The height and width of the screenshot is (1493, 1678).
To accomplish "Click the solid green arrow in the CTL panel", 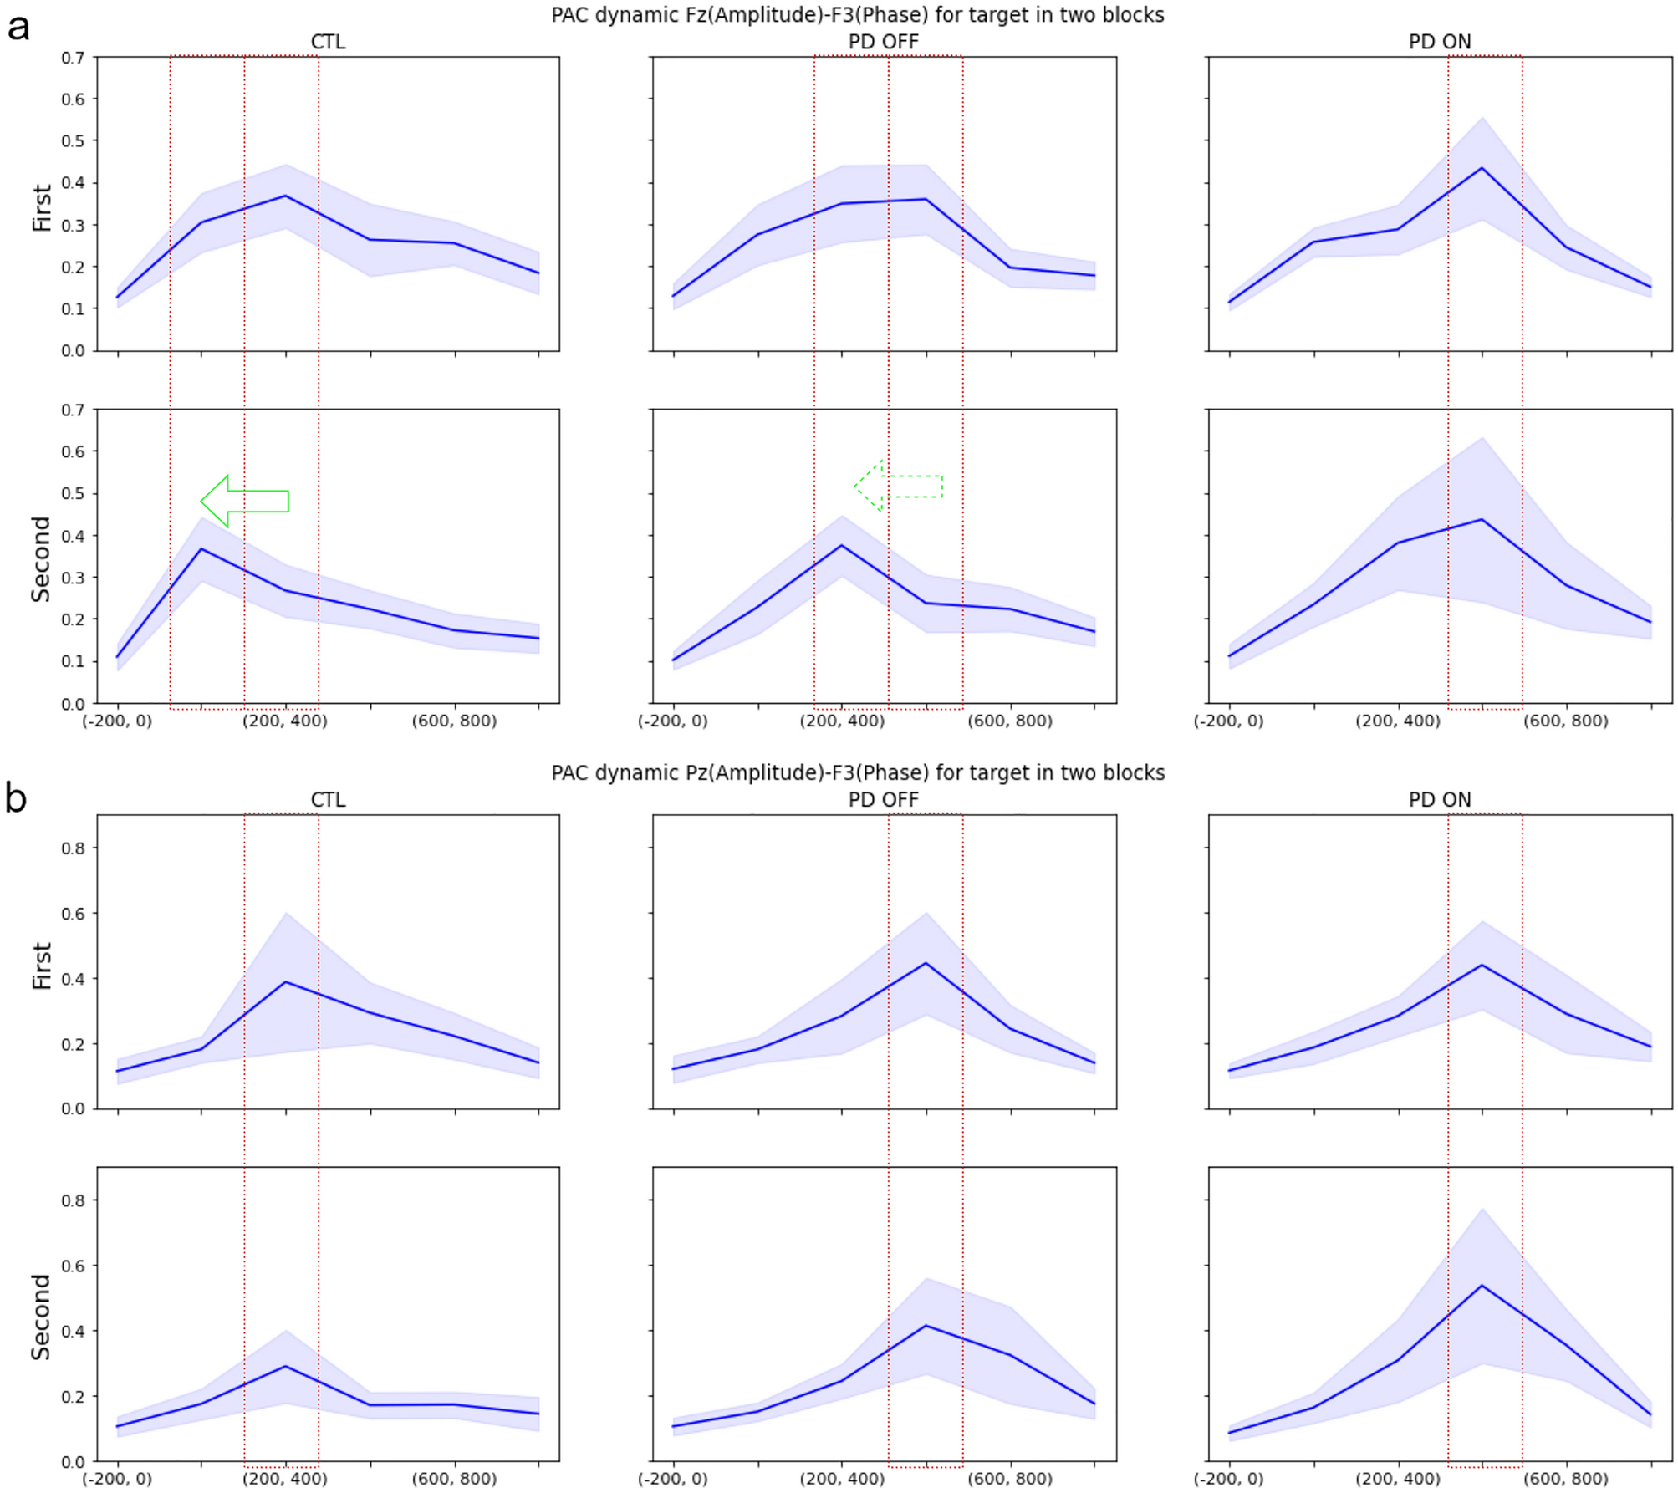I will [244, 501].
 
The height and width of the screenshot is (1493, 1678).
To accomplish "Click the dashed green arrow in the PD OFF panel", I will [898, 486].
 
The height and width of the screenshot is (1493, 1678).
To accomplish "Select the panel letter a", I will [18, 28].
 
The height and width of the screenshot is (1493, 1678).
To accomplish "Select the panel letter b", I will [17, 797].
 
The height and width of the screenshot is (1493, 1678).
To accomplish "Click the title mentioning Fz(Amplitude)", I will [857, 15].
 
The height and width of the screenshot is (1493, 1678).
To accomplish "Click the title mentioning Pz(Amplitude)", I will [857, 772].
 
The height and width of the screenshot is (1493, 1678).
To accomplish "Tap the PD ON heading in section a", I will [1439, 42].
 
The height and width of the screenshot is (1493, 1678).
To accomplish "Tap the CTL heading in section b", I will [328, 800].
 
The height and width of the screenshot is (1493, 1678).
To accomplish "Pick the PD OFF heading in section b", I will [883, 800].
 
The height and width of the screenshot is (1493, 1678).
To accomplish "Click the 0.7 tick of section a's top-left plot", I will [74, 58].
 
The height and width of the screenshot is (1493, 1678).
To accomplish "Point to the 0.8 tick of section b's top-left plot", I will [74, 848].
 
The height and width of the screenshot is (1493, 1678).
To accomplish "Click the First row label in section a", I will [42, 207].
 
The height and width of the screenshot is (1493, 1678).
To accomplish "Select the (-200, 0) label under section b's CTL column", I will [117, 1479].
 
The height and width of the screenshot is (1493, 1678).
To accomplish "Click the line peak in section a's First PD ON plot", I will [1482, 168].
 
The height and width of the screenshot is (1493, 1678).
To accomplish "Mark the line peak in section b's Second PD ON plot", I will [1482, 1286].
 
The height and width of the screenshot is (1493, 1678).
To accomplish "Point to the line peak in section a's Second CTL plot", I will [201, 549].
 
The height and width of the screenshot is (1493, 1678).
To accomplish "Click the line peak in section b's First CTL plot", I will [286, 981].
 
